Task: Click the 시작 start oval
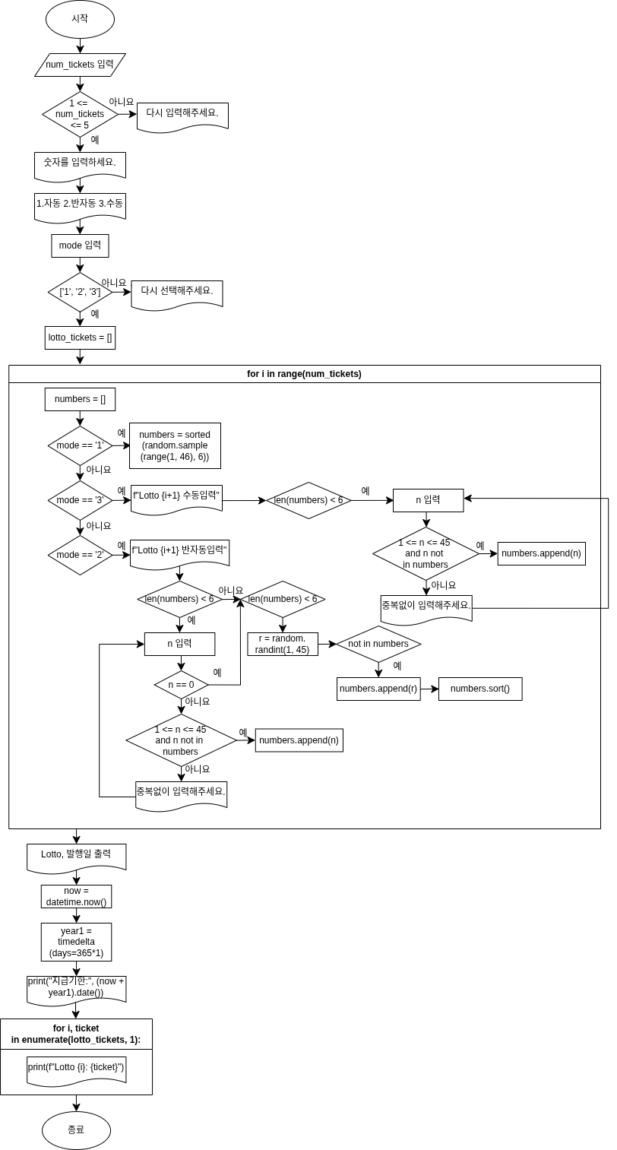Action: click(80, 19)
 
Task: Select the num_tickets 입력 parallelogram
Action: click(80, 65)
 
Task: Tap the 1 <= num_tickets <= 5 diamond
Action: click(80, 114)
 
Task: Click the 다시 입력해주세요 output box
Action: click(182, 115)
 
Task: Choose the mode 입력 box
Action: click(80, 246)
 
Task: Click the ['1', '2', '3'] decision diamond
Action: click(80, 292)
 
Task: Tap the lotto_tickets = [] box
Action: click(80, 337)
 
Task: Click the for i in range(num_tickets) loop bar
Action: click(304, 374)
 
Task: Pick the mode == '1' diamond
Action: click(80, 445)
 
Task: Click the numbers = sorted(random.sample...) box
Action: click(175, 445)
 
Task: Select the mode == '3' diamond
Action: click(80, 500)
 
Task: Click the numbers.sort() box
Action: click(480, 689)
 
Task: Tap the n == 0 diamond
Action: click(181, 685)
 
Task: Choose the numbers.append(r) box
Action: click(378, 689)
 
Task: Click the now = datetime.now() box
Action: click(76, 897)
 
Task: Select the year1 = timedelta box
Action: click(76, 942)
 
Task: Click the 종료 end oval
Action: click(76, 1130)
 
